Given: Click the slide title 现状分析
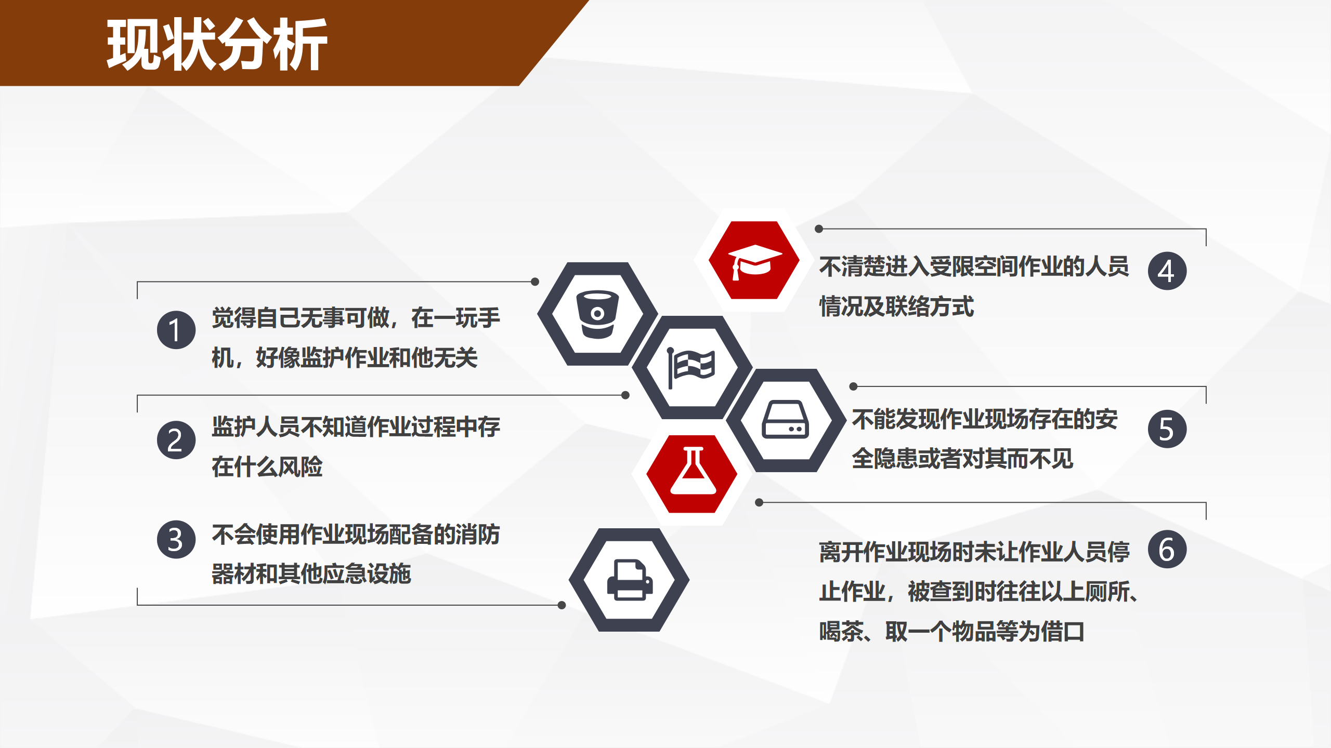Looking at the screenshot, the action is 217,44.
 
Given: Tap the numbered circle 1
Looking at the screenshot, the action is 176,330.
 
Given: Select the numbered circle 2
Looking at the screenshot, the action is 176,440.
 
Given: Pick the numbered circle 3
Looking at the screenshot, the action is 176,539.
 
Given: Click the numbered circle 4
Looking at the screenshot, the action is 1167,271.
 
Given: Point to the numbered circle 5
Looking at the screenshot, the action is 1167,429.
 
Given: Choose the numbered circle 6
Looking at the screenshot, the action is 1167,549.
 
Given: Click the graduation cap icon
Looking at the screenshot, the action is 754,261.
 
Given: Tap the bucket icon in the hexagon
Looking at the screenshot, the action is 598,314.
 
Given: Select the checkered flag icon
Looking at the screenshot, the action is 691,367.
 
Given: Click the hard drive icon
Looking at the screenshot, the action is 786,420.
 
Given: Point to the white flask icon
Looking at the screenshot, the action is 693,471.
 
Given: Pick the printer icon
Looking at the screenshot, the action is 630,580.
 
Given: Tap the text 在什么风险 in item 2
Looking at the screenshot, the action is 267,466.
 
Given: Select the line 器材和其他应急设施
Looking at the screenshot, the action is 311,574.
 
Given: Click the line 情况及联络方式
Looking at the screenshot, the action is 897,306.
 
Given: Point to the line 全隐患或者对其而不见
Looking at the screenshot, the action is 962,459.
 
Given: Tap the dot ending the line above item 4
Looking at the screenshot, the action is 819,229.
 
